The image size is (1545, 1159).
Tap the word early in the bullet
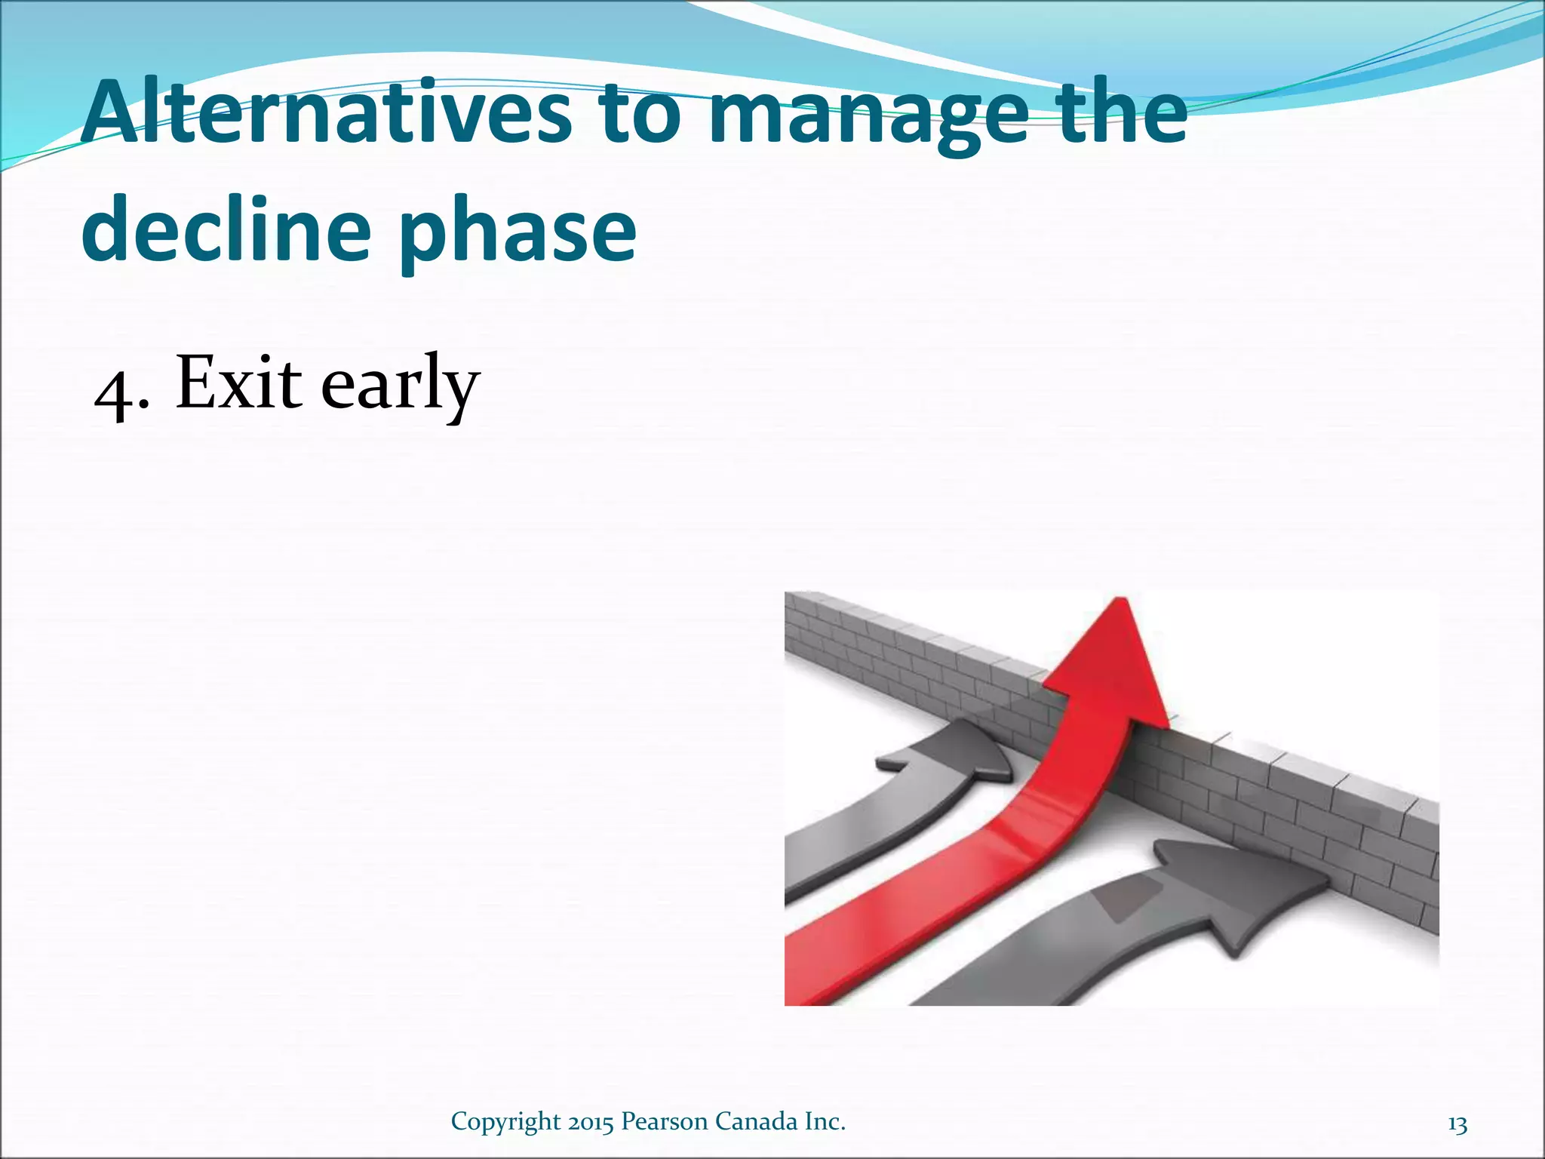pos(400,386)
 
